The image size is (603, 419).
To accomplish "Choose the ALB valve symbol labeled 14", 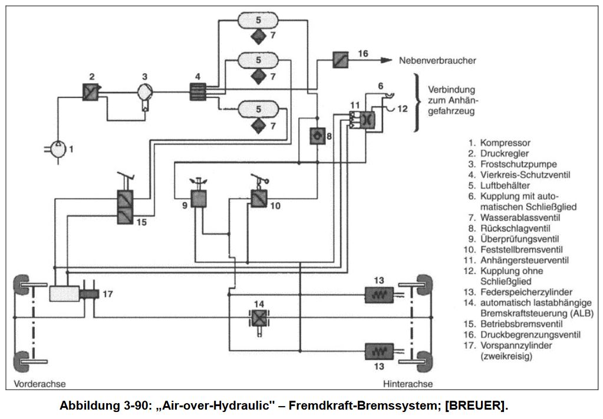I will point(258,318).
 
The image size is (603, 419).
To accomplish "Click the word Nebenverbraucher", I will point(437,61).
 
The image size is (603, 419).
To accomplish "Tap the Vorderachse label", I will point(36,384).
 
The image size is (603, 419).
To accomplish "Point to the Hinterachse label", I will point(408,384).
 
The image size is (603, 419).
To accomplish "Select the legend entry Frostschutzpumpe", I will point(517,164).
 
